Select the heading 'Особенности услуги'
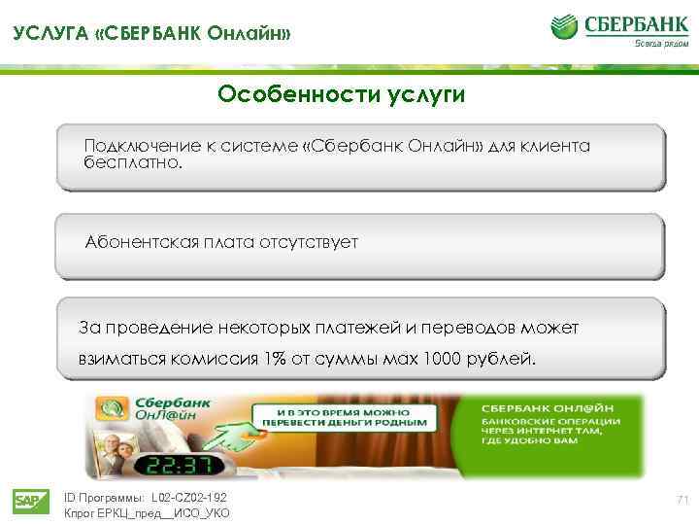click(341, 94)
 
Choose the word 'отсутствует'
click(309, 242)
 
